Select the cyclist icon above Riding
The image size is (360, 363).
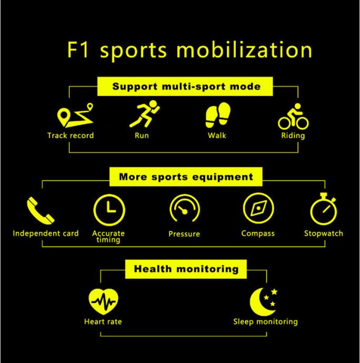[x=293, y=117]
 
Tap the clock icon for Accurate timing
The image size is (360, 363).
[x=108, y=208]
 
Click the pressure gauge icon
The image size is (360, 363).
[x=184, y=209]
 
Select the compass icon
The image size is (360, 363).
[x=258, y=208]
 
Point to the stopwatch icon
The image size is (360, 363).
[x=323, y=209]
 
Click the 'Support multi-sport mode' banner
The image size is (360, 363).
[x=186, y=86]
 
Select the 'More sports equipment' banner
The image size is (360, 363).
[x=186, y=177]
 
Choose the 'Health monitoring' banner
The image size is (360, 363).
[x=186, y=269]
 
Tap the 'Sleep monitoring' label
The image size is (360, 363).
[x=265, y=321]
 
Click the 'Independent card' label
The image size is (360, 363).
[x=46, y=234]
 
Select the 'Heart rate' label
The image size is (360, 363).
[x=103, y=321]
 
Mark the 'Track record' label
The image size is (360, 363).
[x=71, y=136]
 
